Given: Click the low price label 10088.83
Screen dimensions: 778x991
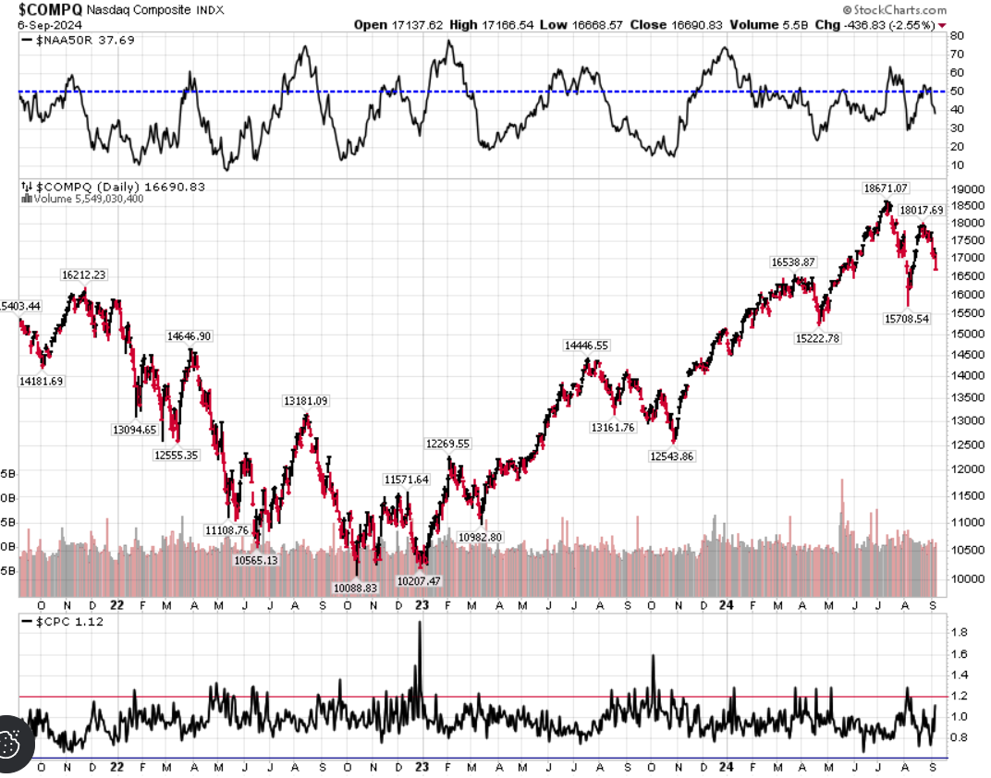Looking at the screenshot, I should coord(354,587).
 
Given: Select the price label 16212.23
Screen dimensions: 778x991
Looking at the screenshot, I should coord(84,274).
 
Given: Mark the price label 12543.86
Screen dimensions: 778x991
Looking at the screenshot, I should coord(672,456).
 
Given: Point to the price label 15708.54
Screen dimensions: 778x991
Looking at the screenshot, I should coord(906,319).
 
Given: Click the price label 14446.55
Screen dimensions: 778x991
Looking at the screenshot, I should coord(586,346).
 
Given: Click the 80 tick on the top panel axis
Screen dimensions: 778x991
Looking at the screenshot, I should coord(957,36).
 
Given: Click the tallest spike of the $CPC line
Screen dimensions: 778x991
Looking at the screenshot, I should coord(420,623).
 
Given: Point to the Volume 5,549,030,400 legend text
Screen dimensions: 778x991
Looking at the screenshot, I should coord(89,199).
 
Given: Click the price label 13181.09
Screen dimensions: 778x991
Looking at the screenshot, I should coord(305,400).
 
